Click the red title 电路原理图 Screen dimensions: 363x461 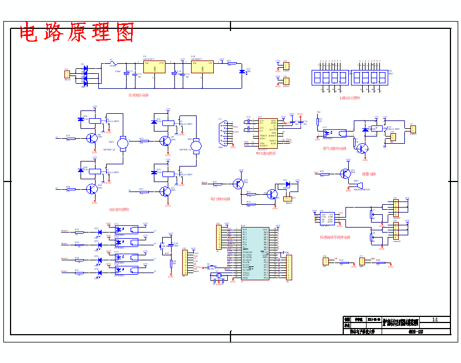point(77,33)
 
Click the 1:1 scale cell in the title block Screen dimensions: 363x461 point(435,320)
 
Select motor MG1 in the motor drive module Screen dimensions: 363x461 point(123,144)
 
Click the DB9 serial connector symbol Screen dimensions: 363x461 point(223,133)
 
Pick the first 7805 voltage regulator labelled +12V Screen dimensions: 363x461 point(154,67)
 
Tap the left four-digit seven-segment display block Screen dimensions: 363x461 point(330,77)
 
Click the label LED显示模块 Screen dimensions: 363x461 point(350,98)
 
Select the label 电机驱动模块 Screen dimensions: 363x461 point(119,209)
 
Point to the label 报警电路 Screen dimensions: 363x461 point(369,174)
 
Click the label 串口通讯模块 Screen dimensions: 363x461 point(265,153)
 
